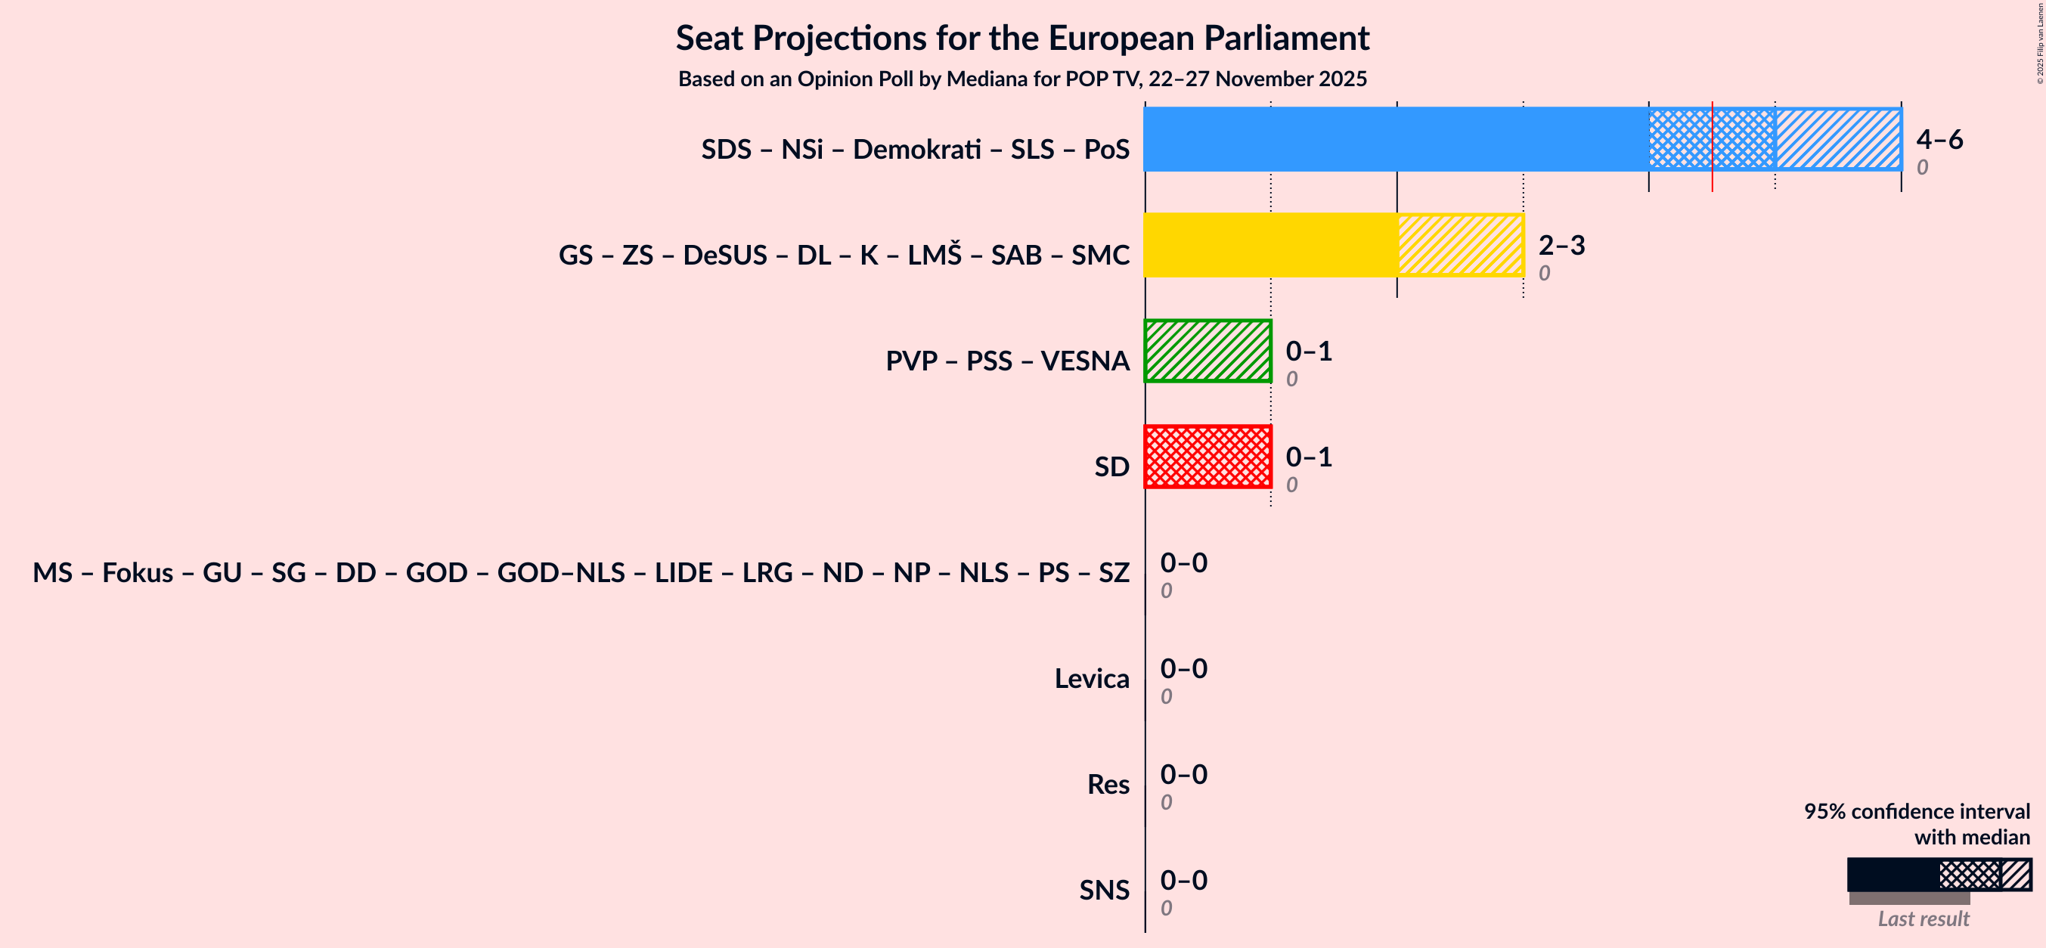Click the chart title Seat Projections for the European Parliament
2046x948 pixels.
point(1022,38)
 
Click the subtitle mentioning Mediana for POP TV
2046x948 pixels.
point(1022,79)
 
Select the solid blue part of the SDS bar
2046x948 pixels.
point(1396,139)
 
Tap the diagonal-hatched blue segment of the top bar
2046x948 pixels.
point(1838,139)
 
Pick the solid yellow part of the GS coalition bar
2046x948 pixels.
point(1270,244)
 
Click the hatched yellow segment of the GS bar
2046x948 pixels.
point(1460,244)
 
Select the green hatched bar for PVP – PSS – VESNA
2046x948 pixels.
point(1207,351)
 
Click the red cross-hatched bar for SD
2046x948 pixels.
point(1207,457)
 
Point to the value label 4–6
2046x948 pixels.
point(1939,140)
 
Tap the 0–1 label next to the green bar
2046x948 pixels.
point(1308,351)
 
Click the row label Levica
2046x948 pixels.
point(1091,679)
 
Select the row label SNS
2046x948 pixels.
point(1103,890)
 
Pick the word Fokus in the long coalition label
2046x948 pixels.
point(138,572)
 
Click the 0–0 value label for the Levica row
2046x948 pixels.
point(1183,668)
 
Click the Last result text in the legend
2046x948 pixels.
point(1923,919)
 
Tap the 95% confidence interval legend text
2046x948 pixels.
point(1916,811)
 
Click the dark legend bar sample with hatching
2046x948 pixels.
point(1938,874)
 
